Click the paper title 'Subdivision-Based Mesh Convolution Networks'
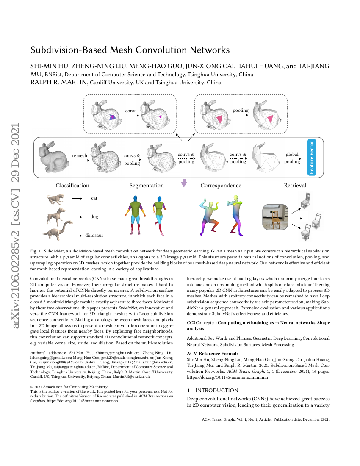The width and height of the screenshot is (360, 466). pos(130,50)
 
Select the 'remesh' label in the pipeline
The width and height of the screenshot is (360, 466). pos(80,155)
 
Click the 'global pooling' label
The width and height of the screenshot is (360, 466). pos(292,158)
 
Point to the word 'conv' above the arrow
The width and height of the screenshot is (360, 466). pos(130,111)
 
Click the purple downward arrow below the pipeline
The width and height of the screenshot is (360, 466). pos(183,183)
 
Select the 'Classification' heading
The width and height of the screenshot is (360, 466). pos(72,185)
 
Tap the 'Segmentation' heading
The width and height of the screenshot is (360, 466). pos(147,185)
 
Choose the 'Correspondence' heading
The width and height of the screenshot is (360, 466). pos(221,185)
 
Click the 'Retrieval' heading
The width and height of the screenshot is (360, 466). pos(295,185)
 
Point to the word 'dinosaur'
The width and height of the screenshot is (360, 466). pos(94,235)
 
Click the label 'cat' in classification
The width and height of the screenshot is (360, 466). pos(94,198)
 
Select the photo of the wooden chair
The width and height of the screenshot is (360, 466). pos(275,218)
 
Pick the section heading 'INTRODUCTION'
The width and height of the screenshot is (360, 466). pos(216,390)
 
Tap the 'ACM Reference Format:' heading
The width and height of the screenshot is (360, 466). pos(212,353)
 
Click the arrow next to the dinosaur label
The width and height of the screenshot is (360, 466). pos(77,235)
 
